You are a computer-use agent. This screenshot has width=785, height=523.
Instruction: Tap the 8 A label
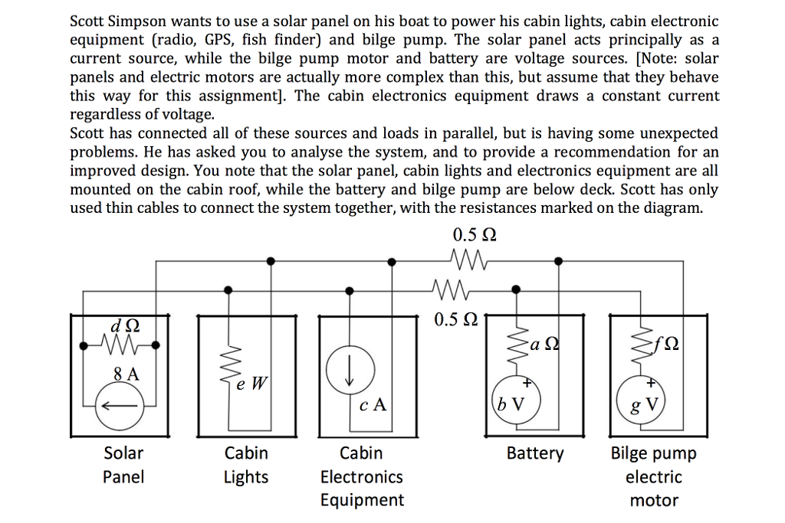pos(126,374)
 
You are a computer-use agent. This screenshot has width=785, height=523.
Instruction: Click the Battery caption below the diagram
pos(534,453)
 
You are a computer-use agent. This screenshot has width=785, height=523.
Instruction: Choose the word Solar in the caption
pos(123,453)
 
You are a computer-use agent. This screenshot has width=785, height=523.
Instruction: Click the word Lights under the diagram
pos(245,477)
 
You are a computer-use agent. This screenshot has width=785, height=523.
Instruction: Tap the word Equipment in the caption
pos(361,500)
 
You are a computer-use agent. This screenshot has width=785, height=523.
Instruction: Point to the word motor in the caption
pos(653,501)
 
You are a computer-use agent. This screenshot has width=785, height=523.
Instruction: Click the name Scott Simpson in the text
pos(113,22)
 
